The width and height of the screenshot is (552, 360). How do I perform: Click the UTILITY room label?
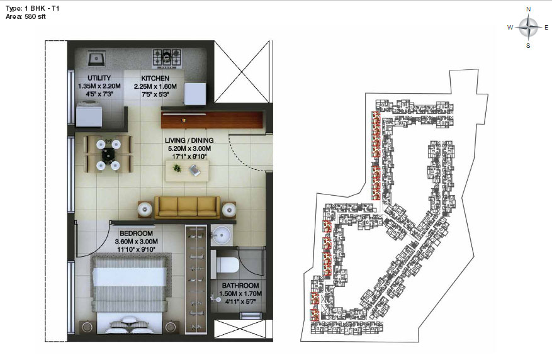(x=99, y=78)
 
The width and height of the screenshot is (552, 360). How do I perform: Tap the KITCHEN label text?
(x=155, y=78)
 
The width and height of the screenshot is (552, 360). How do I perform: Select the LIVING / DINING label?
(x=189, y=140)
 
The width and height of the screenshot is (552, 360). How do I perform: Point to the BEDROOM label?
(x=136, y=233)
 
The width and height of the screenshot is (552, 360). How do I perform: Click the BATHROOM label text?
(x=240, y=286)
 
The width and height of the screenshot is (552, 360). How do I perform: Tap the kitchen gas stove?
(x=167, y=59)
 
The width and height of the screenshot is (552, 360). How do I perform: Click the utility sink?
(x=96, y=59)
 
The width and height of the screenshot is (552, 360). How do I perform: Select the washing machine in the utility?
(x=89, y=113)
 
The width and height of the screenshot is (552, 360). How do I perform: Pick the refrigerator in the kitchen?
(x=195, y=93)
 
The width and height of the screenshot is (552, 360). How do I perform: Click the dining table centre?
(x=108, y=154)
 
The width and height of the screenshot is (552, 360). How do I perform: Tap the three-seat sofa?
(x=188, y=207)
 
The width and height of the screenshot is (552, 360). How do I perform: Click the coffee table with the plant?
(x=187, y=171)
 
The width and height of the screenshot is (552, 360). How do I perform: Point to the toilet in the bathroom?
(x=227, y=264)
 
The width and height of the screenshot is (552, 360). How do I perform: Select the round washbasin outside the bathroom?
(x=222, y=233)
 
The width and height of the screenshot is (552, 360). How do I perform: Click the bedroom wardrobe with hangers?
(x=196, y=280)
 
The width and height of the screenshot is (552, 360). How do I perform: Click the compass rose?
(x=528, y=28)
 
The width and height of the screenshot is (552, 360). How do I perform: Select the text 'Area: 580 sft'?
(x=26, y=16)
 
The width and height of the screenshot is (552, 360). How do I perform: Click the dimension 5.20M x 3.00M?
(x=189, y=149)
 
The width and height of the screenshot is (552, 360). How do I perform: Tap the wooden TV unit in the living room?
(x=212, y=120)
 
